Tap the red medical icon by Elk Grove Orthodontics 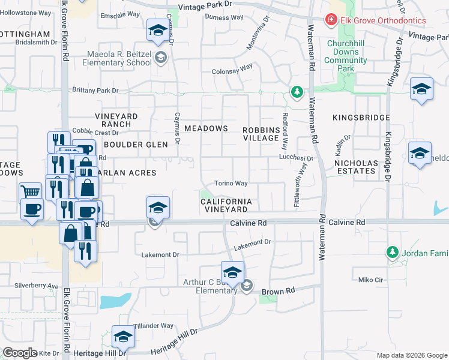click(330, 20)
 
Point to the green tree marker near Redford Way click(296, 92)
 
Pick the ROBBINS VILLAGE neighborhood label click(262, 134)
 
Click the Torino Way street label click(232, 184)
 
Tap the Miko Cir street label click(370, 280)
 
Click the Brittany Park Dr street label click(95, 91)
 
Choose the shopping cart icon click(30, 191)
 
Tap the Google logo click(20, 353)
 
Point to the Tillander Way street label click(154, 326)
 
